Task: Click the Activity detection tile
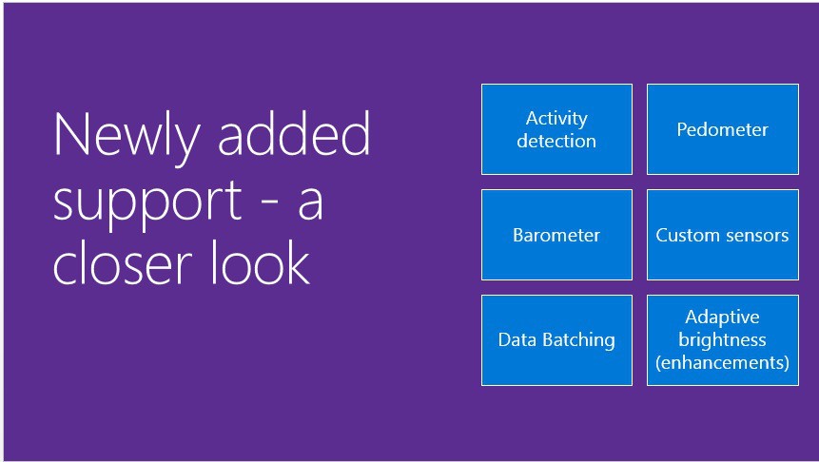(x=556, y=129)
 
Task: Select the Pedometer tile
(x=722, y=129)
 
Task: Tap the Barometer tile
(x=556, y=235)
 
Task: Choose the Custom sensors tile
(x=722, y=235)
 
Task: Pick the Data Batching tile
(x=556, y=339)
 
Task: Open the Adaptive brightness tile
(x=722, y=339)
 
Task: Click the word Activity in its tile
(x=556, y=119)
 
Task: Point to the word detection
(x=556, y=141)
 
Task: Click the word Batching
(x=578, y=339)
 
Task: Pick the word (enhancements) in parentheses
(x=722, y=362)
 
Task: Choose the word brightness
(x=722, y=339)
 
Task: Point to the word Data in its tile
(x=517, y=339)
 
